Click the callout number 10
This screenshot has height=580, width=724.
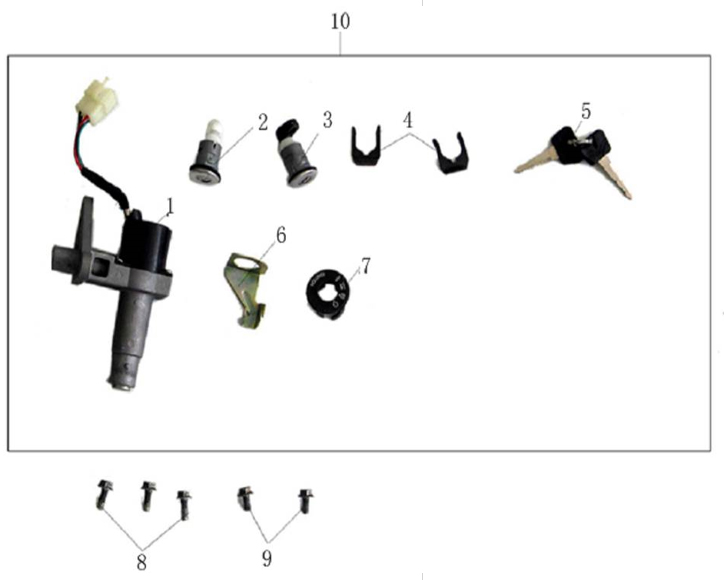pos(340,22)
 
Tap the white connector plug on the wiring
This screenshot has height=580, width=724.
pos(97,100)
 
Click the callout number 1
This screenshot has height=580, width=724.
pos(170,207)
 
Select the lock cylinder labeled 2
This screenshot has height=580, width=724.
pos(206,153)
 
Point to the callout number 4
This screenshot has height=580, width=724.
pos(407,120)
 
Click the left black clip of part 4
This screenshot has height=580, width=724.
pos(366,145)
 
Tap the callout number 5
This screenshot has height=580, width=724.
pos(585,111)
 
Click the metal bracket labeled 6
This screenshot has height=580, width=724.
pos(246,289)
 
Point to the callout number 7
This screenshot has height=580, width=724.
pos(366,266)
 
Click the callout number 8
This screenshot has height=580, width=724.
pos(141,562)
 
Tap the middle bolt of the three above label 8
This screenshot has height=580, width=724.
pos(148,495)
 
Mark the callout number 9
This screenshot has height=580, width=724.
pos(267,559)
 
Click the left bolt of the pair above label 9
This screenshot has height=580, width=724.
pos(245,499)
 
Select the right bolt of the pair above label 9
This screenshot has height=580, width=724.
pos(305,501)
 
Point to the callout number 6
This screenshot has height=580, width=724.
pos(281,235)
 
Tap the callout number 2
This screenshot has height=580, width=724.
pos(262,122)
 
